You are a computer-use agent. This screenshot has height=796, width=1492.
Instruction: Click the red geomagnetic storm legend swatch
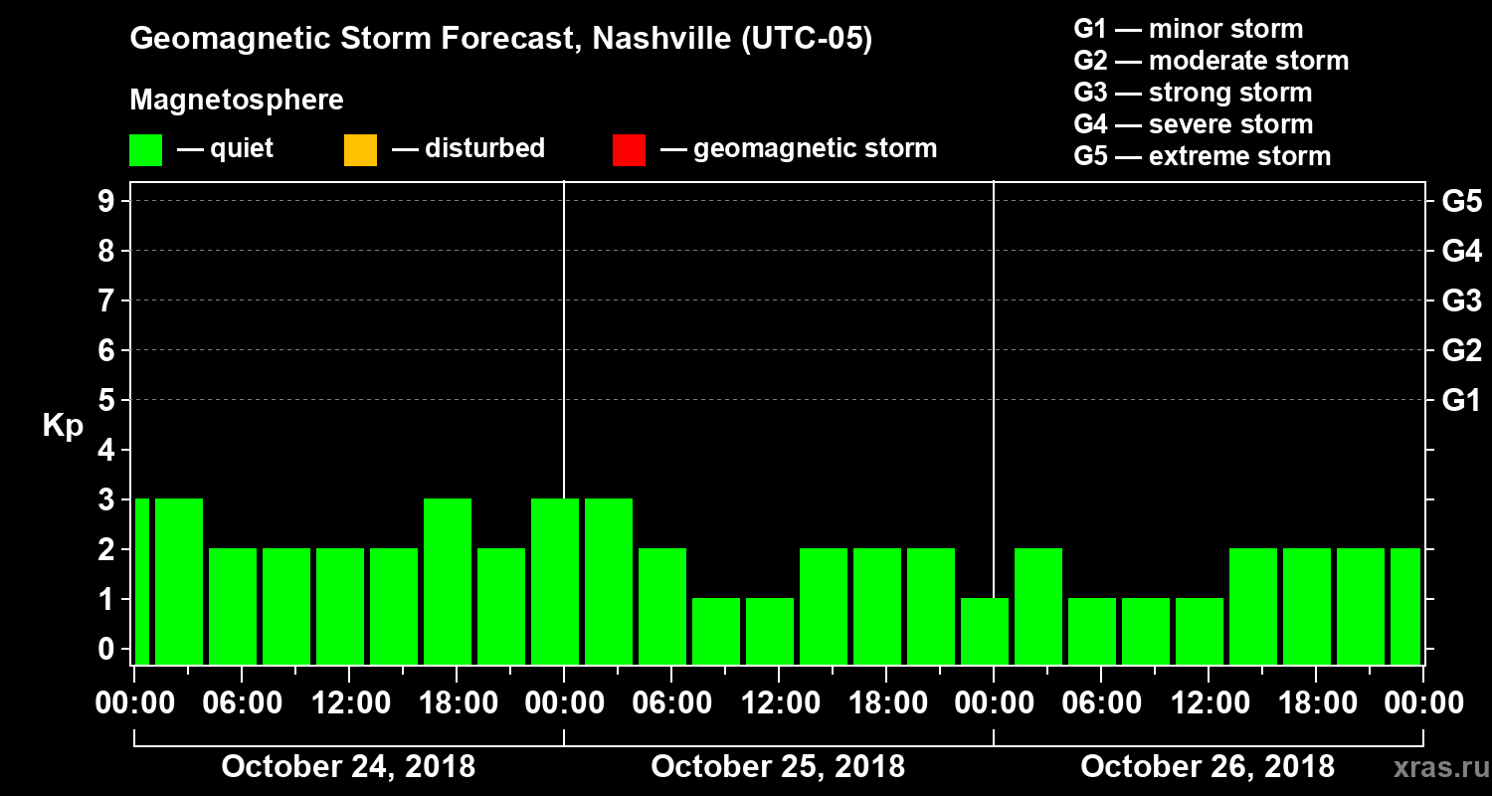pyautogui.click(x=630, y=149)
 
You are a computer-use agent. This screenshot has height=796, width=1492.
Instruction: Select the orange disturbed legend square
pyautogui.click(x=360, y=149)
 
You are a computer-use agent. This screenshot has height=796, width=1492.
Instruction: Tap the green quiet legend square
pyautogui.click(x=145, y=149)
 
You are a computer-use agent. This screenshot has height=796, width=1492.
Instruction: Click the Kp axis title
pyautogui.click(x=63, y=426)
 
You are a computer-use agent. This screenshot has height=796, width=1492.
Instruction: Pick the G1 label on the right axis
pyautogui.click(x=1461, y=401)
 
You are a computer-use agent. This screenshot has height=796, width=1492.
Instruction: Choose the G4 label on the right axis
pyautogui.click(x=1461, y=252)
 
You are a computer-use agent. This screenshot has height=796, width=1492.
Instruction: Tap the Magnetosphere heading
pyautogui.click(x=237, y=100)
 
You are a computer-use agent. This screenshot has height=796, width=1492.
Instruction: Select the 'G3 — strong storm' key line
pyautogui.click(x=1193, y=93)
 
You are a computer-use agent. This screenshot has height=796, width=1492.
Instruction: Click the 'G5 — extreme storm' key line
pyautogui.click(x=1202, y=156)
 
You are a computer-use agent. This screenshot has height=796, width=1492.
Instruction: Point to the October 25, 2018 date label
pyautogui.click(x=778, y=766)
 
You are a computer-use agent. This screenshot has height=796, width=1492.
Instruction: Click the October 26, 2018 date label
pyautogui.click(x=1208, y=766)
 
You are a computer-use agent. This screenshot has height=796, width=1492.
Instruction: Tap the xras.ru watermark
pyautogui.click(x=1433, y=767)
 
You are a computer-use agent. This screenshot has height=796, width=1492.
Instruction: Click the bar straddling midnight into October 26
pyautogui.click(x=985, y=631)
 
